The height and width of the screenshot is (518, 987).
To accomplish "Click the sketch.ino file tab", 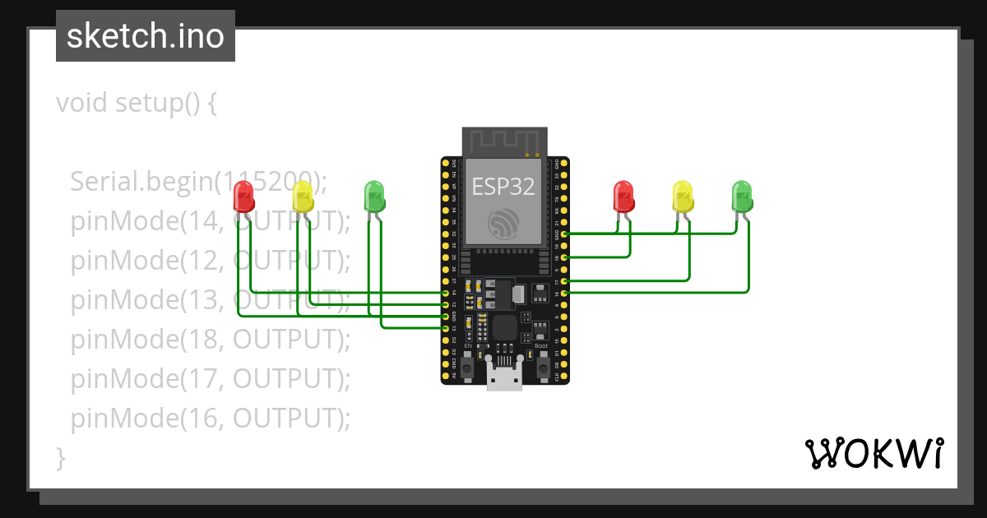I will pos(146,36).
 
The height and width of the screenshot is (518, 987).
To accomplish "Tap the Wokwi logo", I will pos(873,453).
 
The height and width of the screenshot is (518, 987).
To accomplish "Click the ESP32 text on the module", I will pos(503,187).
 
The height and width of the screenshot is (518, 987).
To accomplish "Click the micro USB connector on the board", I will pos(504,377).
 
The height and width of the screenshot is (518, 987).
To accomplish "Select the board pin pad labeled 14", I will pos(446,292).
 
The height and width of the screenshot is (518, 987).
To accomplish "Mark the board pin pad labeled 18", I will pos(563,258).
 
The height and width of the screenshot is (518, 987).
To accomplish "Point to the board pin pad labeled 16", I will pos(563,293).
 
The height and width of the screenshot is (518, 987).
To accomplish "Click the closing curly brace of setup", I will pos(60,457).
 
